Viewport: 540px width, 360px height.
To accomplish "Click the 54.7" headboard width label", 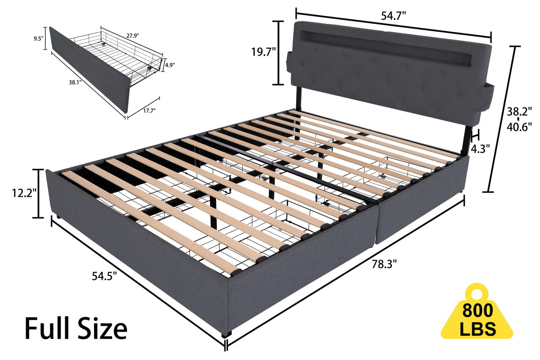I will [393, 16].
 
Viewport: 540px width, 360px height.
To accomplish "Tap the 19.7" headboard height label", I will [263, 52].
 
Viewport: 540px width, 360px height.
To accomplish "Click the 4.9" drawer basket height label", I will [170, 65].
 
